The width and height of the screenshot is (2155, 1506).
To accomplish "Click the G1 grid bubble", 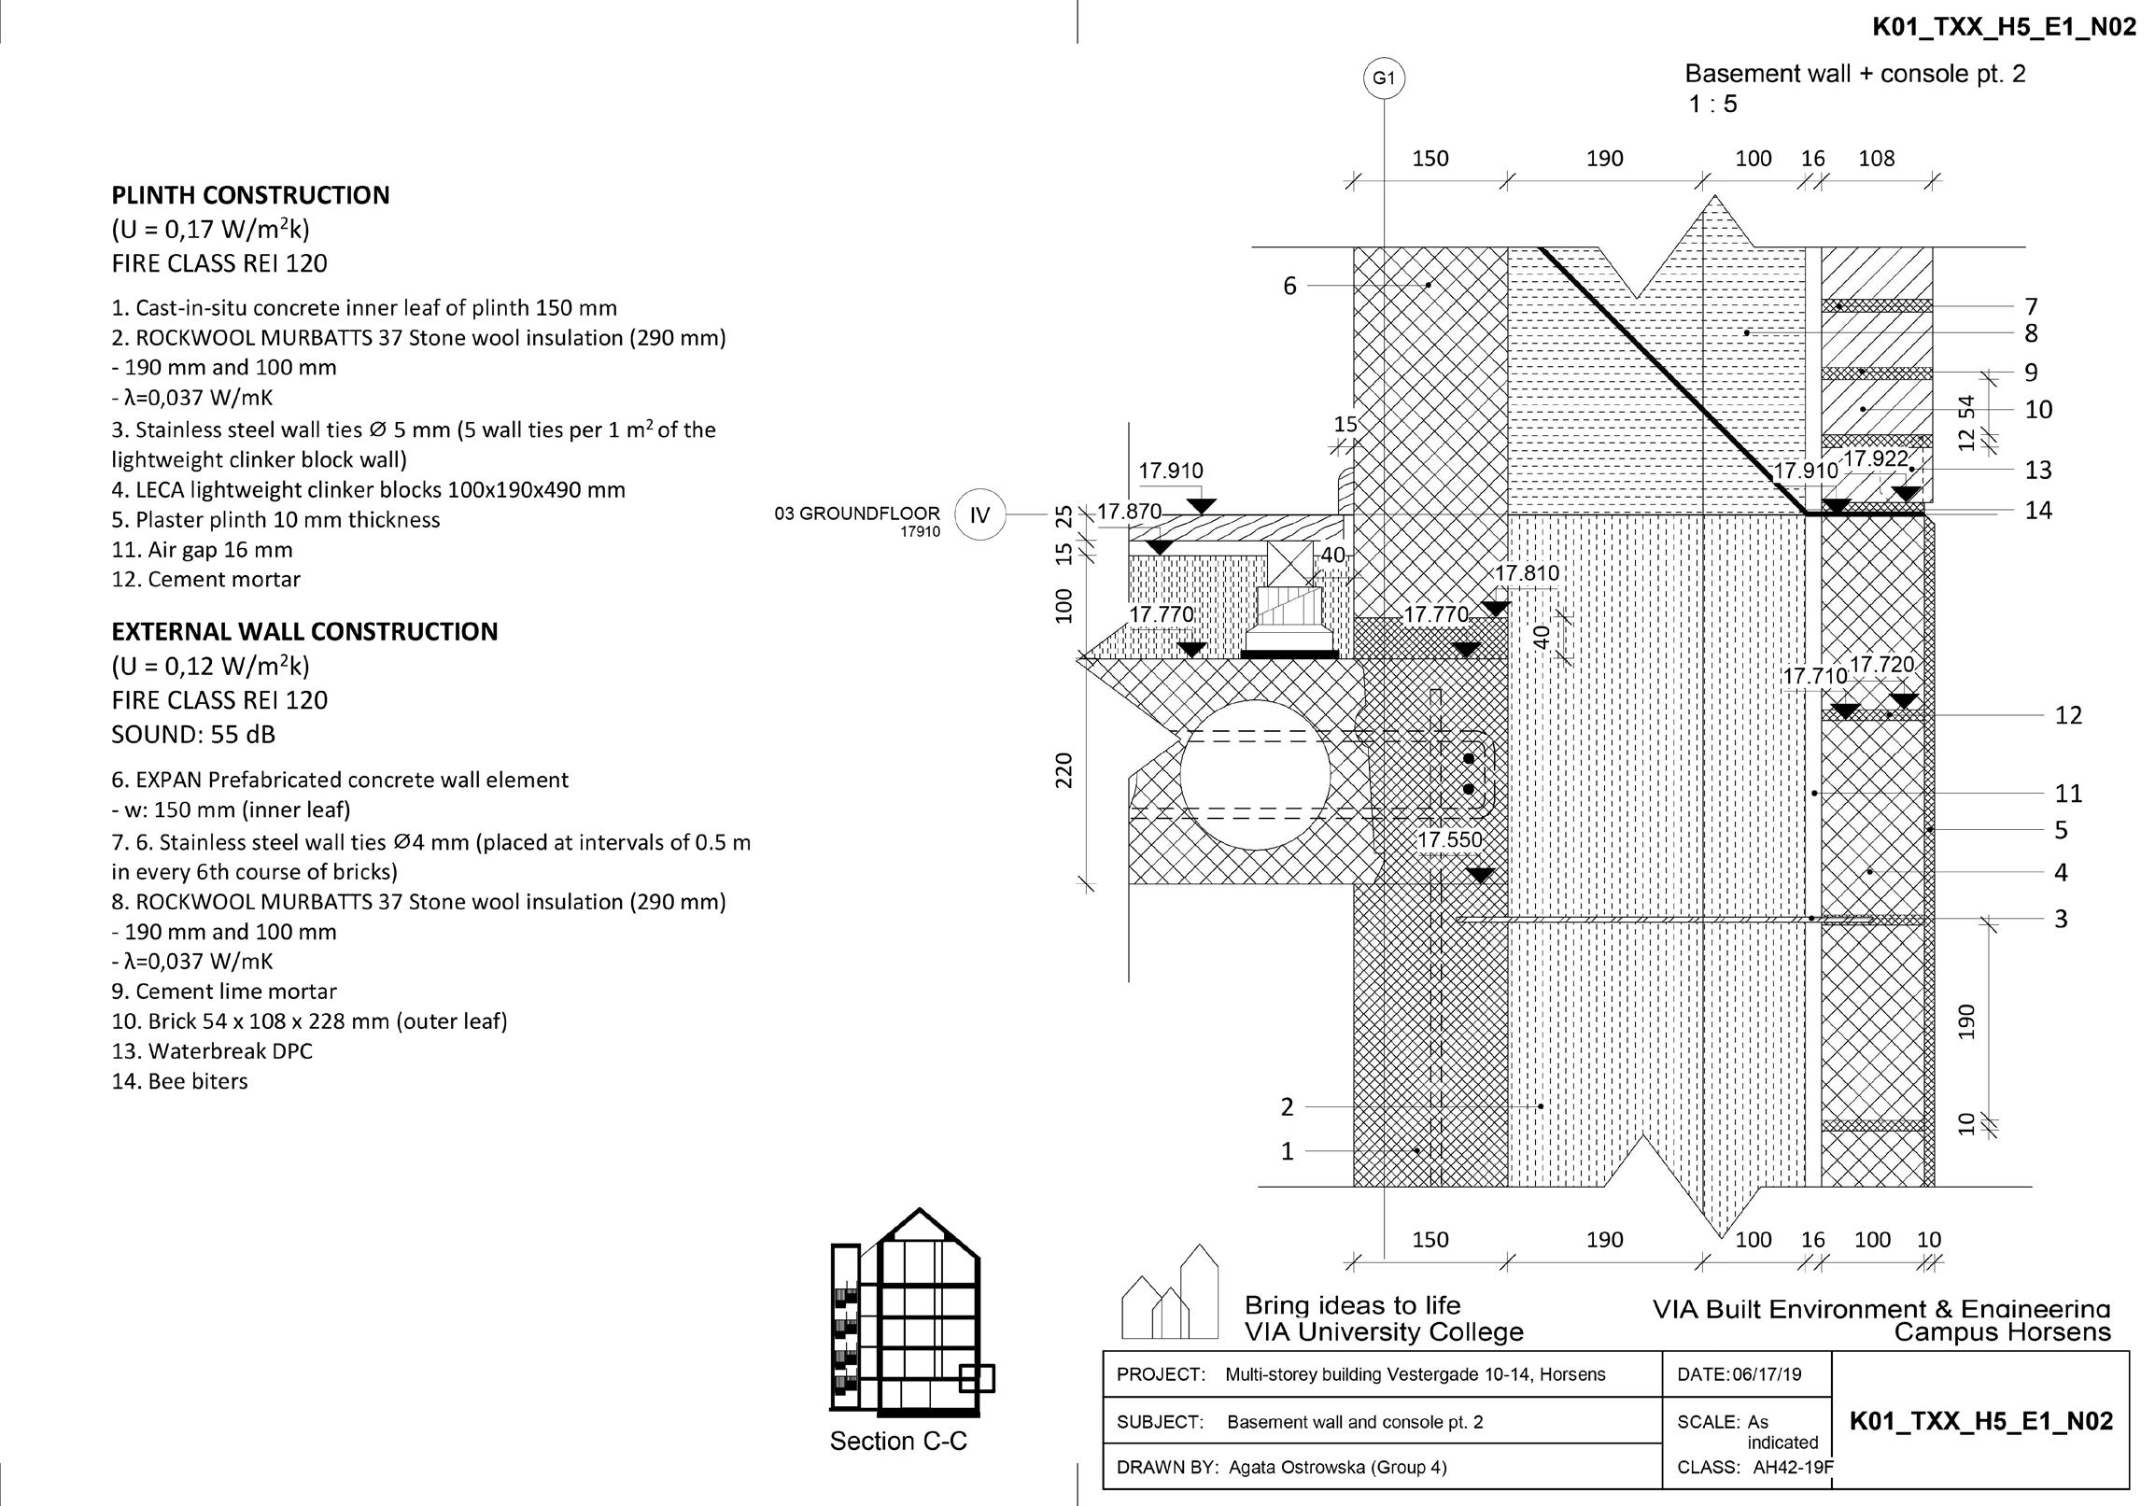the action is point(1384,78).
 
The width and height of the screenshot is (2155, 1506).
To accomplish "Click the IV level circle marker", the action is point(979,514).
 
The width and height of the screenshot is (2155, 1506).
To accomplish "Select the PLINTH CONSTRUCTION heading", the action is point(250,195).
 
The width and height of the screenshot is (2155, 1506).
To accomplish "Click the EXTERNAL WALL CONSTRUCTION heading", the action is point(305,631).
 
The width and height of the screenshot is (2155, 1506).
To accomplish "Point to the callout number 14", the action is point(2038,512).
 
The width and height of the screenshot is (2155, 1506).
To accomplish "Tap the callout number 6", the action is point(1289,287).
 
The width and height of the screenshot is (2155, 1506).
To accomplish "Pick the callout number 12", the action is point(2069,716).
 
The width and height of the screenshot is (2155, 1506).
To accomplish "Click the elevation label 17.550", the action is point(1449,839).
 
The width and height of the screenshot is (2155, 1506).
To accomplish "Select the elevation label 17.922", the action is point(1876,458).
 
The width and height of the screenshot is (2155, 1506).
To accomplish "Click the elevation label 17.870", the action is point(1129,512).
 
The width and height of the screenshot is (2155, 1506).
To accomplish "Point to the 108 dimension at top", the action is point(1876,159).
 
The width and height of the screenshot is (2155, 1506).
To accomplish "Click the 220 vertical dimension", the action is point(1063,770).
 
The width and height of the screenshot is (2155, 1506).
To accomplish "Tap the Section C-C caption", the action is point(898,1442).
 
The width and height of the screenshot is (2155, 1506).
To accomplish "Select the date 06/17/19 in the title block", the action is point(1768,1374).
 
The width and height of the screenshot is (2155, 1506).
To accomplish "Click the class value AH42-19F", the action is point(1793,1468).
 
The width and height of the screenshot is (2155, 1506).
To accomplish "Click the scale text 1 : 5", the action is point(1713,105).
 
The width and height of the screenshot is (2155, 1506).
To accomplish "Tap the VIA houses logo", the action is point(1171,1292).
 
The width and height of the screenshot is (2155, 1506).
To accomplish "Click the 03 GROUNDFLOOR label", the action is point(857,514).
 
